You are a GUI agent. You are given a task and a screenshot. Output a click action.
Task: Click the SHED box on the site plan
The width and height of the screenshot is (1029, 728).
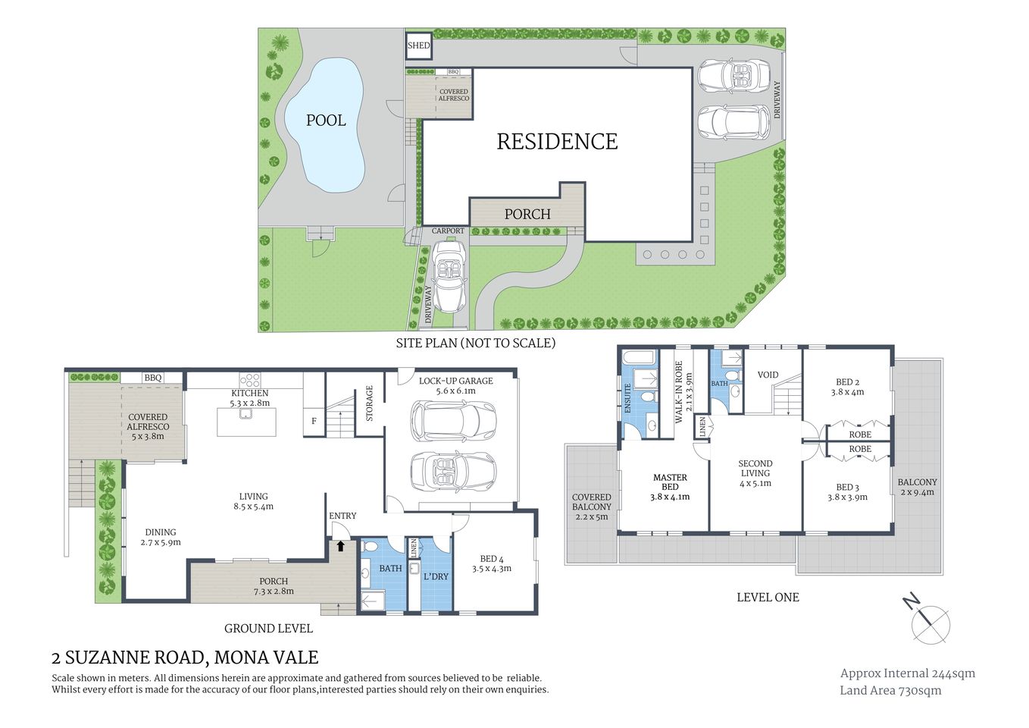[x=418, y=45]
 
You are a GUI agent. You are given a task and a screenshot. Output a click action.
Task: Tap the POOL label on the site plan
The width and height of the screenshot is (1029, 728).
[x=326, y=121]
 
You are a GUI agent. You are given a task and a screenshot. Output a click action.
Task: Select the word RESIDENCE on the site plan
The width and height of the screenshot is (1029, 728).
[x=557, y=142]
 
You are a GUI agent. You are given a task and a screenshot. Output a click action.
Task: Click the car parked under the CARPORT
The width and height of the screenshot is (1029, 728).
[x=449, y=276]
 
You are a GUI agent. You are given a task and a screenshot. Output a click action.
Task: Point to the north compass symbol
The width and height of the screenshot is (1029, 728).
[x=928, y=621]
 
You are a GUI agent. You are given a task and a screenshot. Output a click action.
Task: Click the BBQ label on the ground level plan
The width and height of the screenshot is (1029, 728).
[x=153, y=378]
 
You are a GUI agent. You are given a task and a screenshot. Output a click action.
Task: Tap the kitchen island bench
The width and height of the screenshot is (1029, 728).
[x=246, y=422]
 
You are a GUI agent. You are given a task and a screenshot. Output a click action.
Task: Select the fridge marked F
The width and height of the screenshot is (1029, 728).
[x=314, y=422]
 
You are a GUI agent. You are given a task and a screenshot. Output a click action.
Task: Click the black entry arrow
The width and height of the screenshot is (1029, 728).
[x=340, y=544]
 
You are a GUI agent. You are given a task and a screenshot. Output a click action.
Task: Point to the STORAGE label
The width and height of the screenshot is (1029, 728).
[x=370, y=403]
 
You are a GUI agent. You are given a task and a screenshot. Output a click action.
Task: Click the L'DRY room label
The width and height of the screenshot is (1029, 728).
[x=436, y=576]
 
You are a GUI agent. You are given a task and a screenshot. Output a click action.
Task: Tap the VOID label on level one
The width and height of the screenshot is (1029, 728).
[x=768, y=375]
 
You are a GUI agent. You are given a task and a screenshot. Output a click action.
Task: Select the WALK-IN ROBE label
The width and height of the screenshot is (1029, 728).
[x=679, y=391]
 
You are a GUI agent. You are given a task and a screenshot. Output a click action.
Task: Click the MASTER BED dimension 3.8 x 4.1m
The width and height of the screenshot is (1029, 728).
[x=670, y=497]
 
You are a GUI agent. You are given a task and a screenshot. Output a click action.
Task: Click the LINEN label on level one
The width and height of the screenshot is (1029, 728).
[x=702, y=427]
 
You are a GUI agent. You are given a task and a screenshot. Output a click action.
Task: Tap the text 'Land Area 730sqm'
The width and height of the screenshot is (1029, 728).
[x=890, y=690]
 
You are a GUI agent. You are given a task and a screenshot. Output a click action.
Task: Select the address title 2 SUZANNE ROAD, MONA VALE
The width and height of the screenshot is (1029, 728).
[x=185, y=657]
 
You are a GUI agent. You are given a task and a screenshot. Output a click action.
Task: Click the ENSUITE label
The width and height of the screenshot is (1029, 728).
[x=627, y=398]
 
